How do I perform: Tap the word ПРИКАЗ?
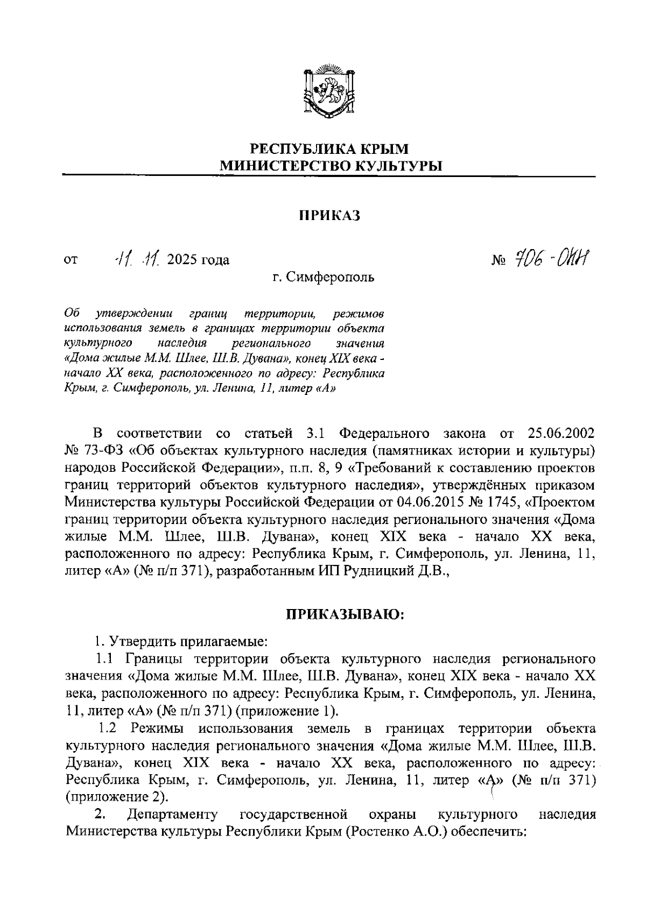329,216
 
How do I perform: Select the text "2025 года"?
198,260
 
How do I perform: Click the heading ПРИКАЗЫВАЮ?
345,614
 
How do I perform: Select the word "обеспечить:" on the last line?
487,832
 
